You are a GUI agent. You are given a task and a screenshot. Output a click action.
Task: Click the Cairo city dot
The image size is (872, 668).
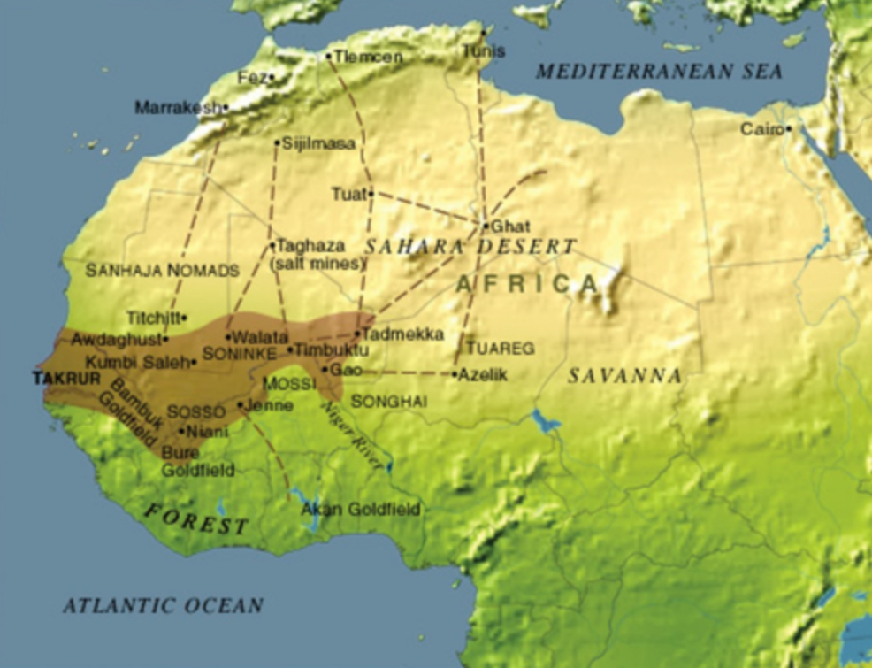pyautogui.click(x=788, y=129)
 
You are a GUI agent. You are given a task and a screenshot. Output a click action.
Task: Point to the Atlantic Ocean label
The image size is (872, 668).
pyautogui.click(x=163, y=606)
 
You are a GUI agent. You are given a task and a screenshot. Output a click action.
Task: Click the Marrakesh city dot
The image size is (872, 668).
pyautogui.click(x=226, y=108)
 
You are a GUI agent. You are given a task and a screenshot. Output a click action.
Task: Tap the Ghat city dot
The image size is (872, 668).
pyautogui.click(x=486, y=226)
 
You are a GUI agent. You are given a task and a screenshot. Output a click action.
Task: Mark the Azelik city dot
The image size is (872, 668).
pyautogui.click(x=455, y=374)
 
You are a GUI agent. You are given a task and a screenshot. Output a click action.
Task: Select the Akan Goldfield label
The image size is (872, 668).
pyautogui.click(x=361, y=510)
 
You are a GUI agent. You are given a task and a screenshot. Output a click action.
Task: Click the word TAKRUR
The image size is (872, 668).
pyautogui.click(x=66, y=379)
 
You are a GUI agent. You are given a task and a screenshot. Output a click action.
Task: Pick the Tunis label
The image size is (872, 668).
pyautogui.click(x=484, y=51)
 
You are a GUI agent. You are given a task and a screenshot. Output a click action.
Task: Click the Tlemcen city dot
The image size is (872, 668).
pyautogui.click(x=329, y=57)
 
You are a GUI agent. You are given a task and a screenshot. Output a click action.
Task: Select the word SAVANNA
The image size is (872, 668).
pyautogui.click(x=624, y=376)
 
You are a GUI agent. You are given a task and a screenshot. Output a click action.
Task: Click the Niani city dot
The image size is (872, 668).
pyautogui.click(x=182, y=432)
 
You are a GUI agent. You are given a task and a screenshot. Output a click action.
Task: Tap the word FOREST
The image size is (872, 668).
pyautogui.click(x=196, y=519)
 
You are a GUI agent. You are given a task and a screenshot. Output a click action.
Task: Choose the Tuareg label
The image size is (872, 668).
pyautogui.click(x=500, y=349)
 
